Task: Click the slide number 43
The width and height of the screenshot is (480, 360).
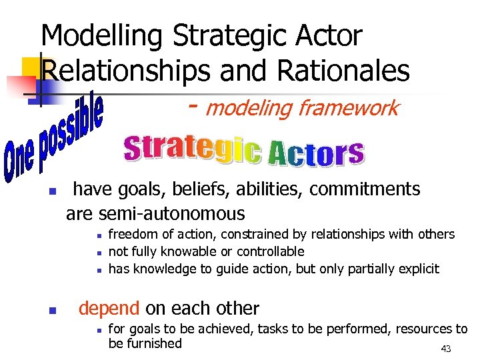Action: tap(447, 349)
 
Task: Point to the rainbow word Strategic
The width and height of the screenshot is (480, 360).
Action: tap(193, 150)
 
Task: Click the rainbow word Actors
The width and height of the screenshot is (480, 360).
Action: tap(315, 153)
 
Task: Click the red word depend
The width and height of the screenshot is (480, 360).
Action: tap(109, 309)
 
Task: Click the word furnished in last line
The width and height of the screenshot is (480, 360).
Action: tap(154, 343)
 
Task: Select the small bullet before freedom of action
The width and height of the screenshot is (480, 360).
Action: tap(98, 235)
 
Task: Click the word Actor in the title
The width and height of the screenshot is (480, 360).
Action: tap(324, 37)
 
